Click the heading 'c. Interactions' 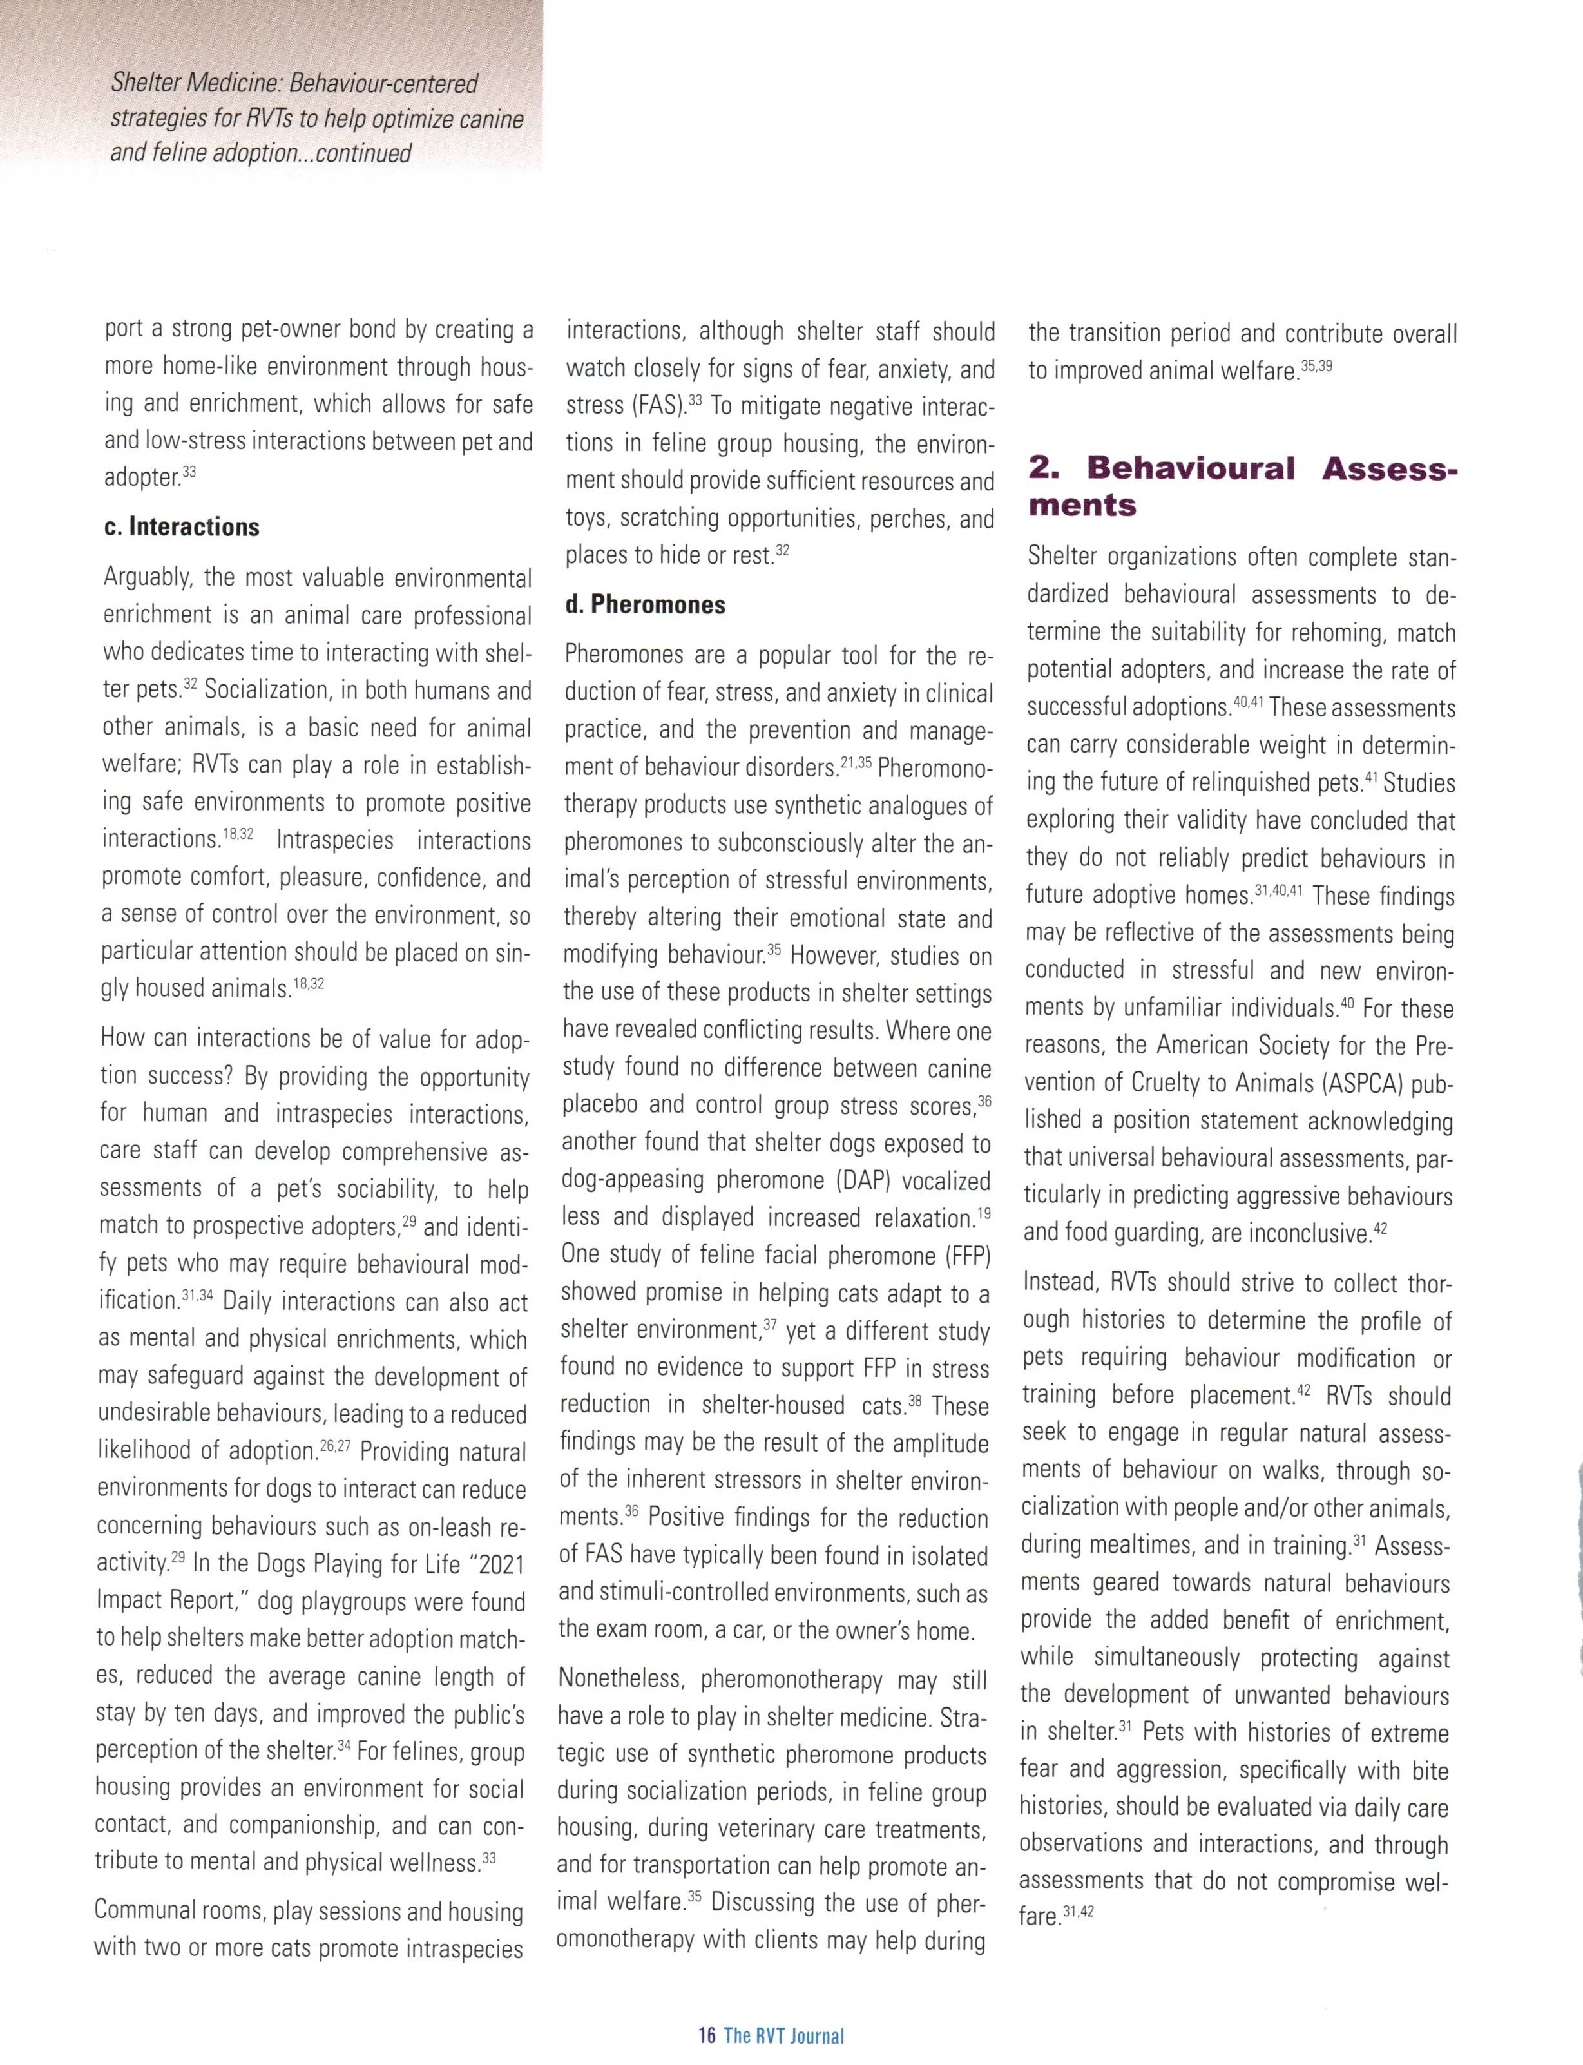point(181,526)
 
